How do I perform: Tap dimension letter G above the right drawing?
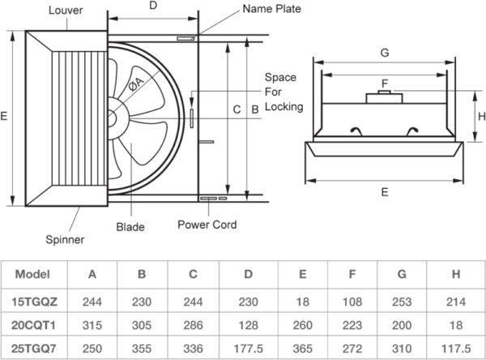click(384, 53)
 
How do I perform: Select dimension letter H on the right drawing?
click(480, 114)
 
